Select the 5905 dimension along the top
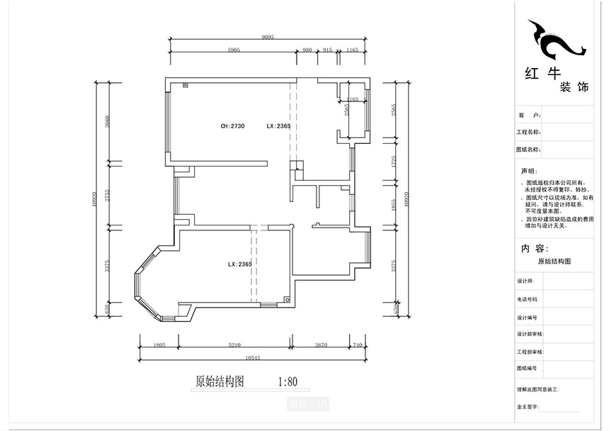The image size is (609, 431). (x=234, y=50)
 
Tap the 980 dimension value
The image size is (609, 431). (x=307, y=50)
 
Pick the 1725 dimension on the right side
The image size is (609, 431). (x=394, y=162)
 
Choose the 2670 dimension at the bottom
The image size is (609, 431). (x=320, y=345)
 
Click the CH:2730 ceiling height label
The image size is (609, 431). (x=232, y=126)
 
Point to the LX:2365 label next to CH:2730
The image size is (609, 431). (x=278, y=126)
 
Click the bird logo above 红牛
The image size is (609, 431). (x=556, y=40)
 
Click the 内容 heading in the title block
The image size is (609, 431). (x=535, y=249)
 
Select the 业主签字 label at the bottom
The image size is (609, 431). (x=528, y=407)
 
